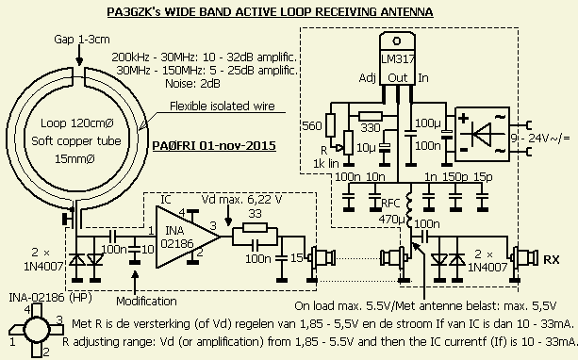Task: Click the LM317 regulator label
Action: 397,59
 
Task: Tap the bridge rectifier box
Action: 483,134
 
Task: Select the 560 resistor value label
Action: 312,126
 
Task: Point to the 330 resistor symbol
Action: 371,117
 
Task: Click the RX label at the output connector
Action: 552,259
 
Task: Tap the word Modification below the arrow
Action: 146,301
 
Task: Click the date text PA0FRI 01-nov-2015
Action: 214,145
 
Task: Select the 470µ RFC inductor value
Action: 392,220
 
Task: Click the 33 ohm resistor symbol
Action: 256,227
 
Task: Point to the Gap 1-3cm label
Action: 82,39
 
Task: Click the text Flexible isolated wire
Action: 223,106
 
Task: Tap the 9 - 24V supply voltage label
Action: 540,139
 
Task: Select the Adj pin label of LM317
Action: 367,78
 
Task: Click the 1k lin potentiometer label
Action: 326,163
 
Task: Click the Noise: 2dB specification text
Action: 192,84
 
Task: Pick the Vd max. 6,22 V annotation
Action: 241,200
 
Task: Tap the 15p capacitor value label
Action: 484,177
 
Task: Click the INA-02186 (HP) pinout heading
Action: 51,297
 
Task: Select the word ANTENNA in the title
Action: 406,12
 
